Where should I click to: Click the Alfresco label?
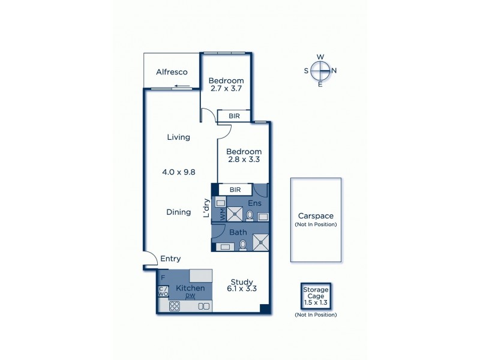point(172,72)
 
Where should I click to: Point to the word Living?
point(178,137)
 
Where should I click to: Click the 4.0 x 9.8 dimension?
point(178,172)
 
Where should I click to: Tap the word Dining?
point(178,212)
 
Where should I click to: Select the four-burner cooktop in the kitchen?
point(175,306)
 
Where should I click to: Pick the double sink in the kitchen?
point(204,306)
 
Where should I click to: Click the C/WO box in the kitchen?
point(163,292)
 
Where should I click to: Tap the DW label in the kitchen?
point(190,296)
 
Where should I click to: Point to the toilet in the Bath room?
point(243,245)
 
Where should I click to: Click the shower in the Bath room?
point(261,241)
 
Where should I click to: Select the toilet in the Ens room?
point(250,215)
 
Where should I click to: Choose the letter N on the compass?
point(334,71)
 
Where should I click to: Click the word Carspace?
point(316,216)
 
